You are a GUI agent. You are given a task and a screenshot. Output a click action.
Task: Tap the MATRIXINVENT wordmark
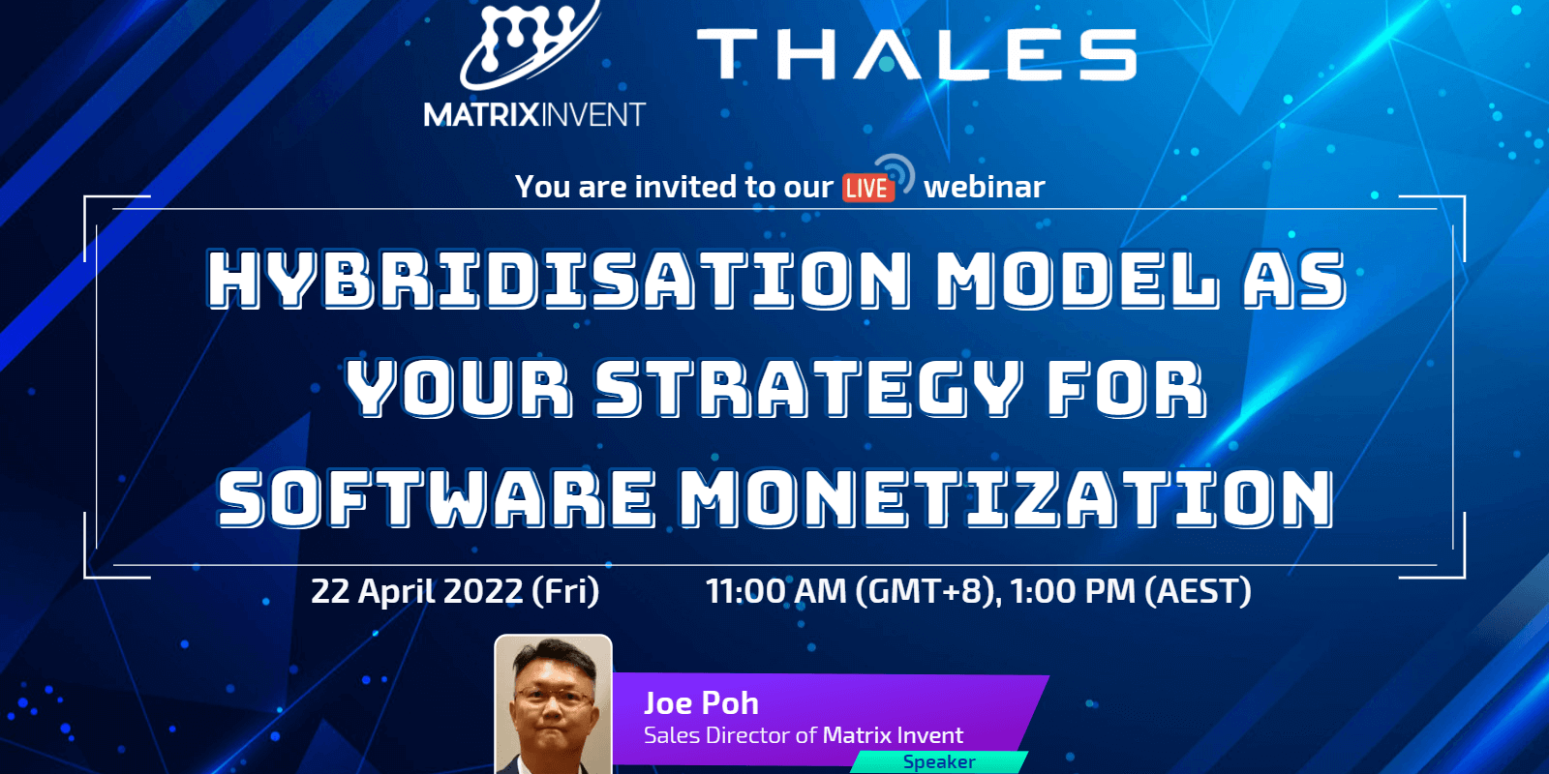(533, 115)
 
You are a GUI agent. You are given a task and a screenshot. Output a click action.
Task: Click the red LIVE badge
(866, 188)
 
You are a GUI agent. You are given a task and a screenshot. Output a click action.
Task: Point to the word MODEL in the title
(1076, 280)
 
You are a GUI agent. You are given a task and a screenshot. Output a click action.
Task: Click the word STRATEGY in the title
(807, 388)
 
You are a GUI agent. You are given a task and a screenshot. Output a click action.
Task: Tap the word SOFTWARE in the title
(436, 498)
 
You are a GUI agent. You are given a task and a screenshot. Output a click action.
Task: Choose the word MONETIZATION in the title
(1006, 498)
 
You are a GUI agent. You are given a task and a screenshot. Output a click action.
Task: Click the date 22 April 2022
(416, 590)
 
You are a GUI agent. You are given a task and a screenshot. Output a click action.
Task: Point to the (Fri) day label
(565, 590)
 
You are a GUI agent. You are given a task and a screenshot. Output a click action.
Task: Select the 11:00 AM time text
(775, 590)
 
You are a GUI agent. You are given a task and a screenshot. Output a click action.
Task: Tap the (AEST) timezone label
(1198, 590)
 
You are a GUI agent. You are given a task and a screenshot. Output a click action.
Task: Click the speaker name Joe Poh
(701, 702)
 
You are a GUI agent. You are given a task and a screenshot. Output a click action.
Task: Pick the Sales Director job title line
(804, 735)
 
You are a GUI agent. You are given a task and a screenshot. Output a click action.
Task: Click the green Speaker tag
(938, 762)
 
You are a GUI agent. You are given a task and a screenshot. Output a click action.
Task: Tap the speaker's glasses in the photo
(553, 695)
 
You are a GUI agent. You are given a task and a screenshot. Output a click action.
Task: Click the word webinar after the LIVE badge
(984, 187)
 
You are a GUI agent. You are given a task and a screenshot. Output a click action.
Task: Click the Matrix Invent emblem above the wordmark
(528, 44)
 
